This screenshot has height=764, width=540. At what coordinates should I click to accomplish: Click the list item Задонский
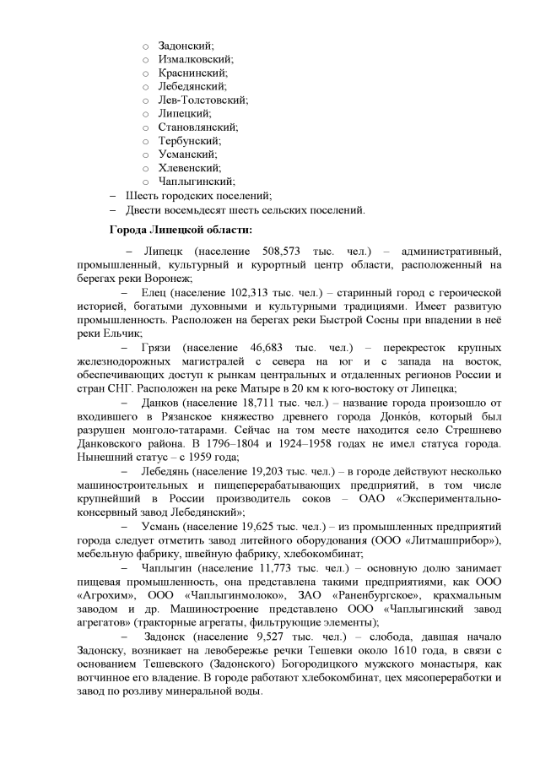tap(186, 46)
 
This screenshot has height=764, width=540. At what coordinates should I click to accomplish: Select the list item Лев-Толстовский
tap(202, 100)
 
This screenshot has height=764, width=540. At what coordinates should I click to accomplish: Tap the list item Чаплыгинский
tap(196, 181)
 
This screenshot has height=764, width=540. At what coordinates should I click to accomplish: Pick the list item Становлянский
tap(197, 127)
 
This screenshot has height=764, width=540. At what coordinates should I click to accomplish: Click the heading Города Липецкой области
tap(181, 228)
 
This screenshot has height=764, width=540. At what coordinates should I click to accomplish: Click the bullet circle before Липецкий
tap(145, 113)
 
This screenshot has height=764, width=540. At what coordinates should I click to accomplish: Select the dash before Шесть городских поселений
tap(113, 195)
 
